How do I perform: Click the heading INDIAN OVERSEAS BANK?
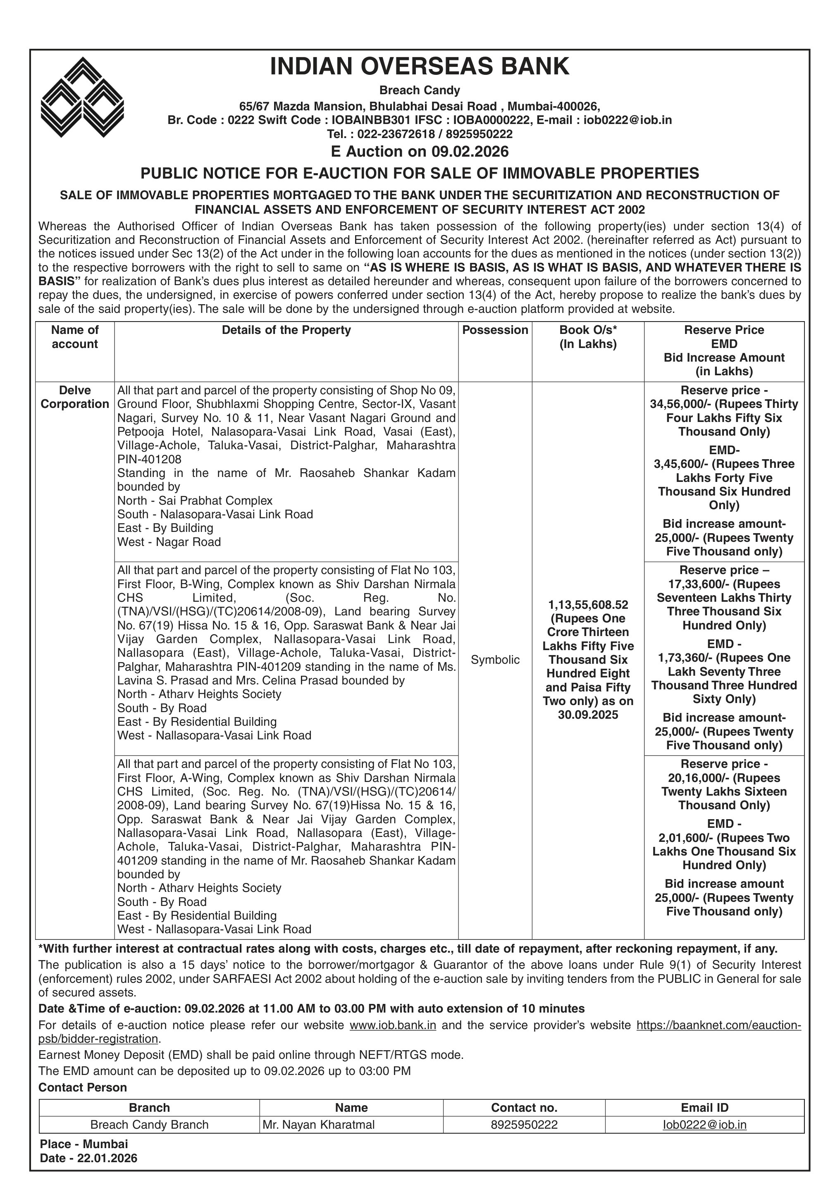pos(419,67)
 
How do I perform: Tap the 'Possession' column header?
pos(495,330)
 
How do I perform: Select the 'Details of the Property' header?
pos(286,330)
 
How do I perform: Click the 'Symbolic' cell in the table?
pos(495,660)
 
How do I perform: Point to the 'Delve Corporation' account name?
pos(75,397)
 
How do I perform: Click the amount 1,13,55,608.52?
pos(588,605)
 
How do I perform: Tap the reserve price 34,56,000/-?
pos(675,404)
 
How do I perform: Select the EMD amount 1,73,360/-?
pos(679,658)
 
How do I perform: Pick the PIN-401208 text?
pos(149,459)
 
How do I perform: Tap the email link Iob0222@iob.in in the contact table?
pos(704,1125)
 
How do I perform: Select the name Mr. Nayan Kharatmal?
pos(319,1125)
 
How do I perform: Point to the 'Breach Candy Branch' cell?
pos(149,1125)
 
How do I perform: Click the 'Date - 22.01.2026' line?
pos(88,1158)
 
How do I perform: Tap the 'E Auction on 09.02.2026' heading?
pos(419,151)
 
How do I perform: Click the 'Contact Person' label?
pos(83,1087)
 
